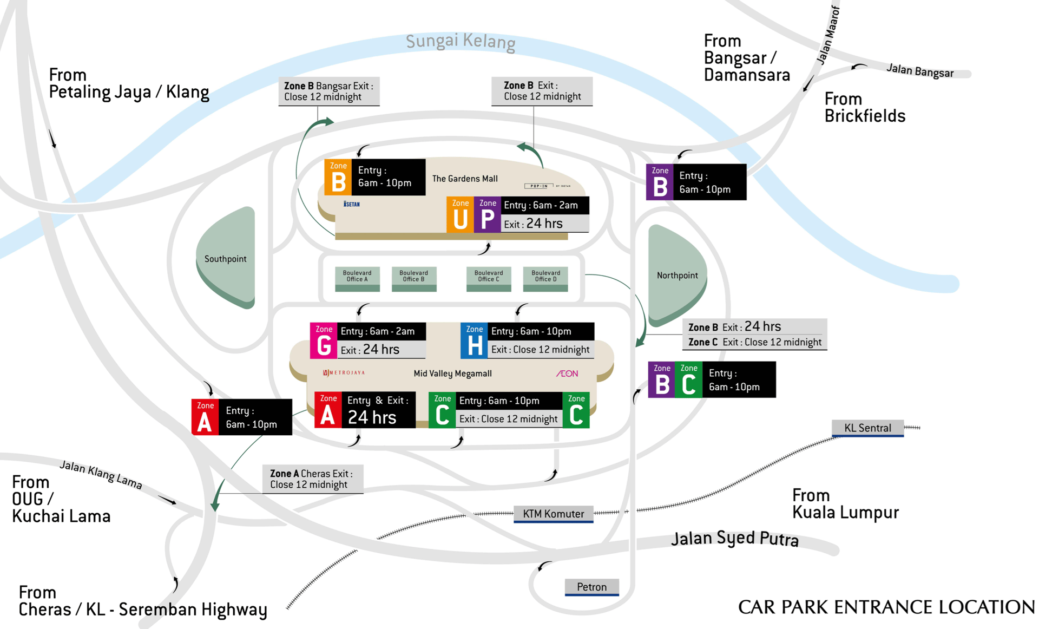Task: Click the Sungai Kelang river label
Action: point(461,42)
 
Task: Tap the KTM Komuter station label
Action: point(553,514)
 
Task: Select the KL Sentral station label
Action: point(867,428)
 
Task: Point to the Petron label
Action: point(591,587)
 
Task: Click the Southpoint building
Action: point(226,259)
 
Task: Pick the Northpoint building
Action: point(676,275)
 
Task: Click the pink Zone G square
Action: point(324,341)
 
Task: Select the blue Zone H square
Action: point(474,341)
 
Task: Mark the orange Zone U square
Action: point(460,215)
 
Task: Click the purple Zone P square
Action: point(488,215)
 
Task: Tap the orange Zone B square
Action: point(338,178)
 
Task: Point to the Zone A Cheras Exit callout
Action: point(312,479)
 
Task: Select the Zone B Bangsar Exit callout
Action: point(328,91)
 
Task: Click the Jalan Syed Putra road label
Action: point(734,539)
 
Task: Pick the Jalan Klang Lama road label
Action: point(101,475)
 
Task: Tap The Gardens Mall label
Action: point(465,179)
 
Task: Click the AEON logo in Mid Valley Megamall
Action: point(567,374)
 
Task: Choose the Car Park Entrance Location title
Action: point(886,607)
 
